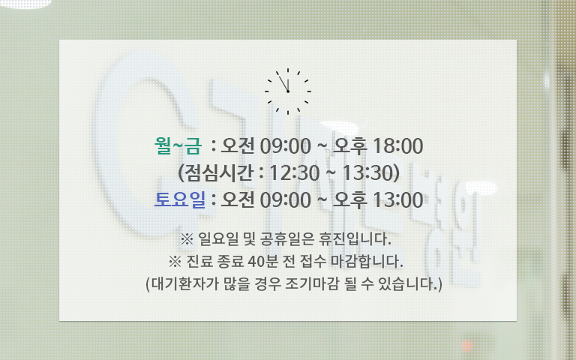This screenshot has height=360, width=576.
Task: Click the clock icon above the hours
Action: pos(288,91)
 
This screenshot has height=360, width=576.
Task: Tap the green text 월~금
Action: pos(178,145)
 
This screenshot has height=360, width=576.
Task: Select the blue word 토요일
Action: pos(180,199)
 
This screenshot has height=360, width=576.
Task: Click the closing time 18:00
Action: pos(397,146)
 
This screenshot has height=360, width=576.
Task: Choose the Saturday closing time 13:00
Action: pos(397,200)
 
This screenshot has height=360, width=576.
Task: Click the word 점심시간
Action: pos(218,172)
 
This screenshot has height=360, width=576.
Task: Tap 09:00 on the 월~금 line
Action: pos(286,146)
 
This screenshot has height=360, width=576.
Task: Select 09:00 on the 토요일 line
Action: pos(286,200)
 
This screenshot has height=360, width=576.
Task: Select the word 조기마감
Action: pos(311,284)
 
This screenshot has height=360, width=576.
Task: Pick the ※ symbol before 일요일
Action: pos(187,239)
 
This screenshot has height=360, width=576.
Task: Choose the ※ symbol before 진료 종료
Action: pos(175,262)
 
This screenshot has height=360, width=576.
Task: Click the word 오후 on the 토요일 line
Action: pos(349,199)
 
